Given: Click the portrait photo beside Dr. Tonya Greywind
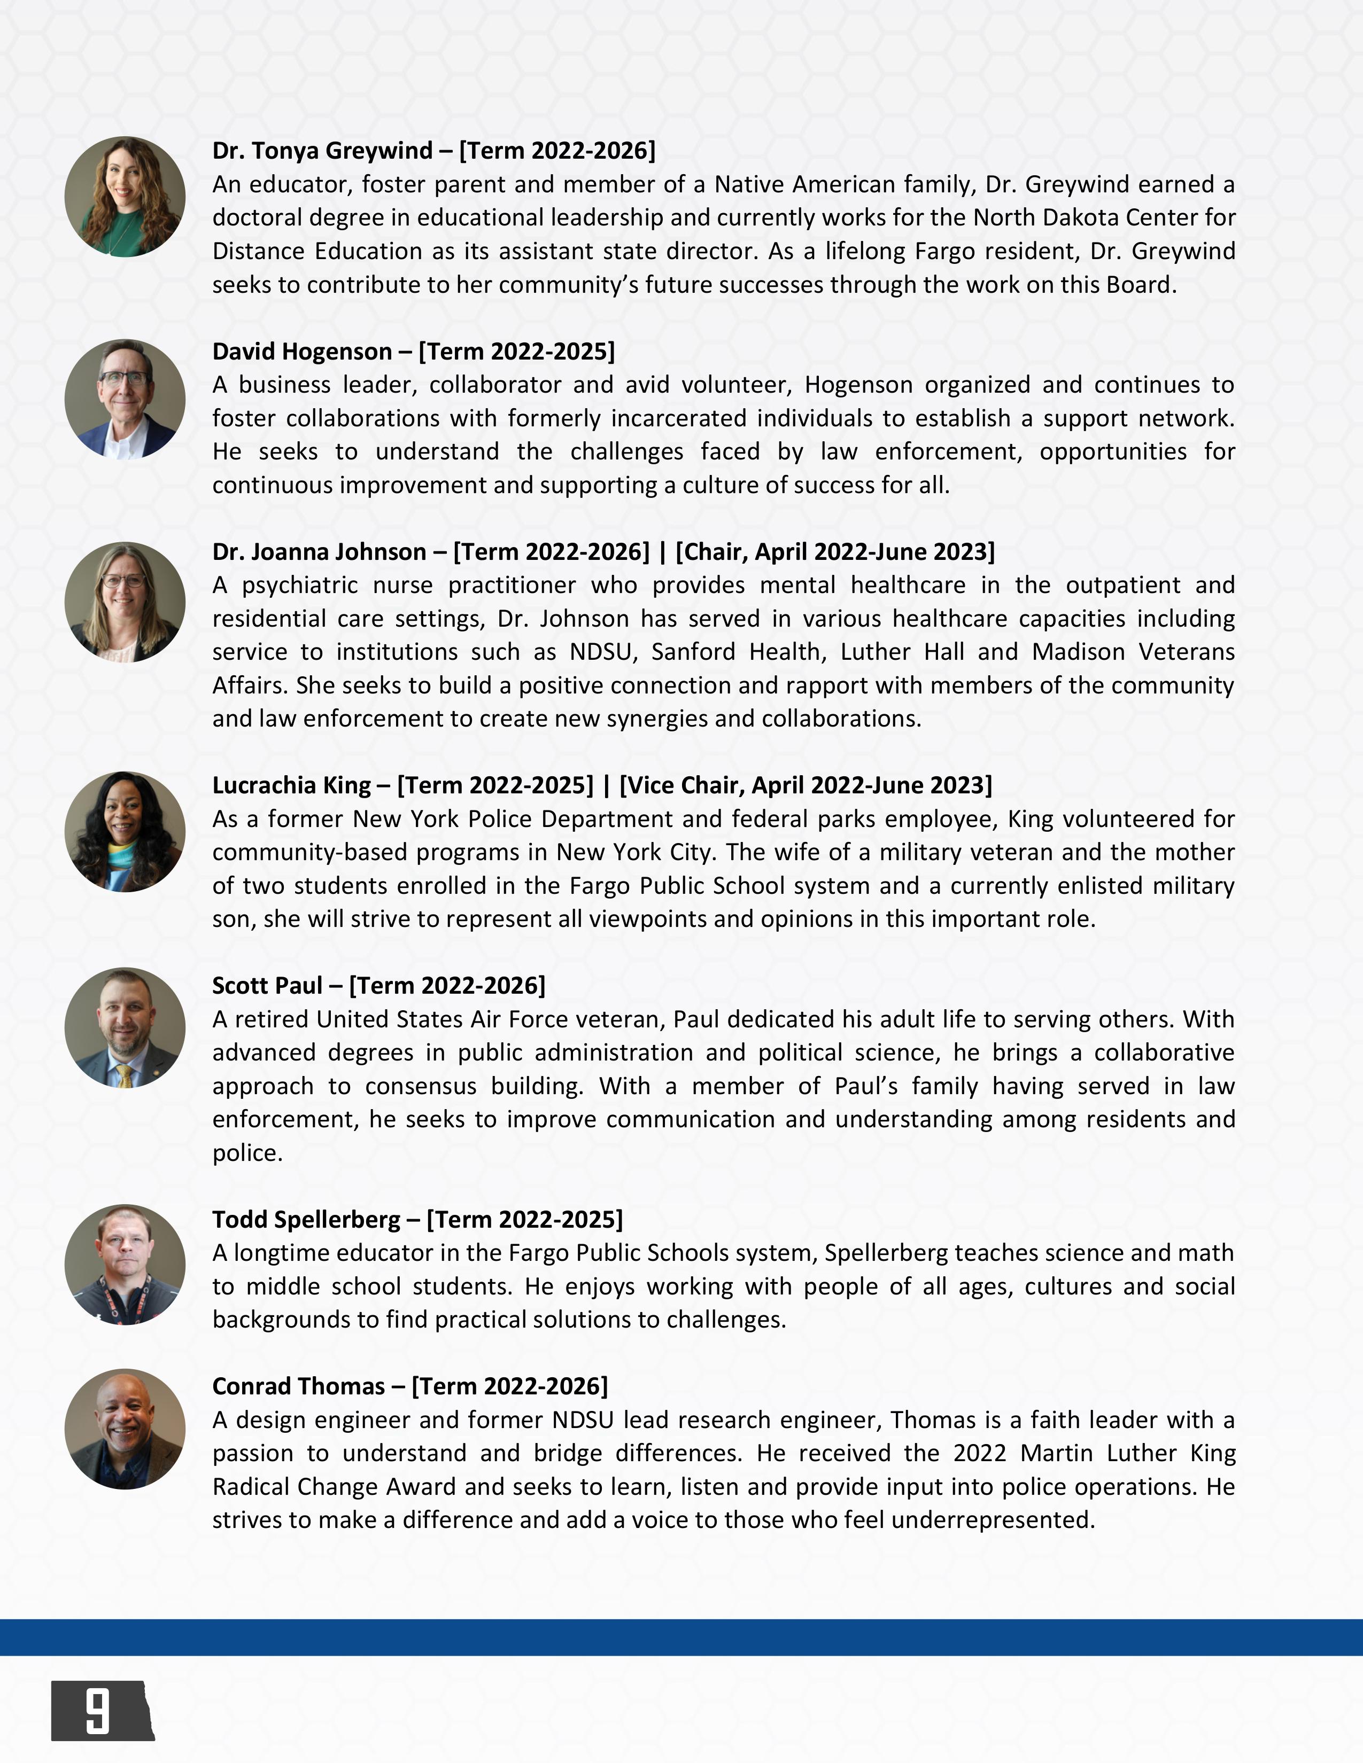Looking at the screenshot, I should pyautogui.click(x=125, y=197).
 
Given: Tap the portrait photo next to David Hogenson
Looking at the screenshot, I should pyautogui.click(x=125, y=399).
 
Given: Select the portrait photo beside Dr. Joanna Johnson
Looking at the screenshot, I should pyautogui.click(x=125, y=602).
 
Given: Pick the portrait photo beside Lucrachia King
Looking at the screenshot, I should pyautogui.click(x=125, y=832).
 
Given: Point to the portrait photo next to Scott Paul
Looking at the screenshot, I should pyautogui.click(x=125, y=1027).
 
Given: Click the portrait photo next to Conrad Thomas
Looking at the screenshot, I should pyautogui.click(x=125, y=1429).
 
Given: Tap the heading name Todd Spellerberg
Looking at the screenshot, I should pyautogui.click(x=306, y=1220).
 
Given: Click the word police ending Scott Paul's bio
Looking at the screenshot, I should pyautogui.click(x=246, y=1153).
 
